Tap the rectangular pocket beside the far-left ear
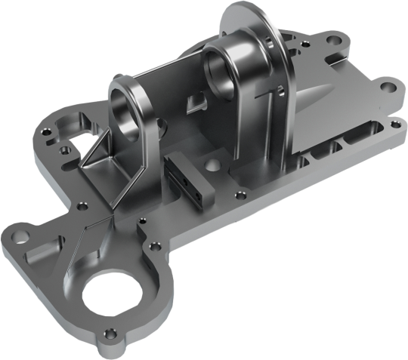click(38, 252)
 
